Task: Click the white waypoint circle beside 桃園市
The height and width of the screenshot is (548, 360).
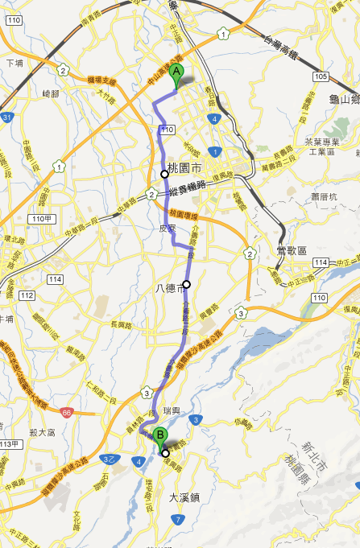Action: tap(164, 174)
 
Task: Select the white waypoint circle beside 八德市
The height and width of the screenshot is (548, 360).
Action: tap(186, 284)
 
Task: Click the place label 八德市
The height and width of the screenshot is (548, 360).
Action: tap(170, 289)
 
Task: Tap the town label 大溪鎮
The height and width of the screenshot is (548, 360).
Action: tap(184, 497)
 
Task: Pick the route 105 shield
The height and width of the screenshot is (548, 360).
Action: tap(322, 77)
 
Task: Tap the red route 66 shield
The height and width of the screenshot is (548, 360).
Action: tap(66, 412)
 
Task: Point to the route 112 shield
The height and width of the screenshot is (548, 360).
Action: tap(27, 295)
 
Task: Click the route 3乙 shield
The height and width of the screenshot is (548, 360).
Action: tap(107, 459)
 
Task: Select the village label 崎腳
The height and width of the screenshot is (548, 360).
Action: tap(52, 94)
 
